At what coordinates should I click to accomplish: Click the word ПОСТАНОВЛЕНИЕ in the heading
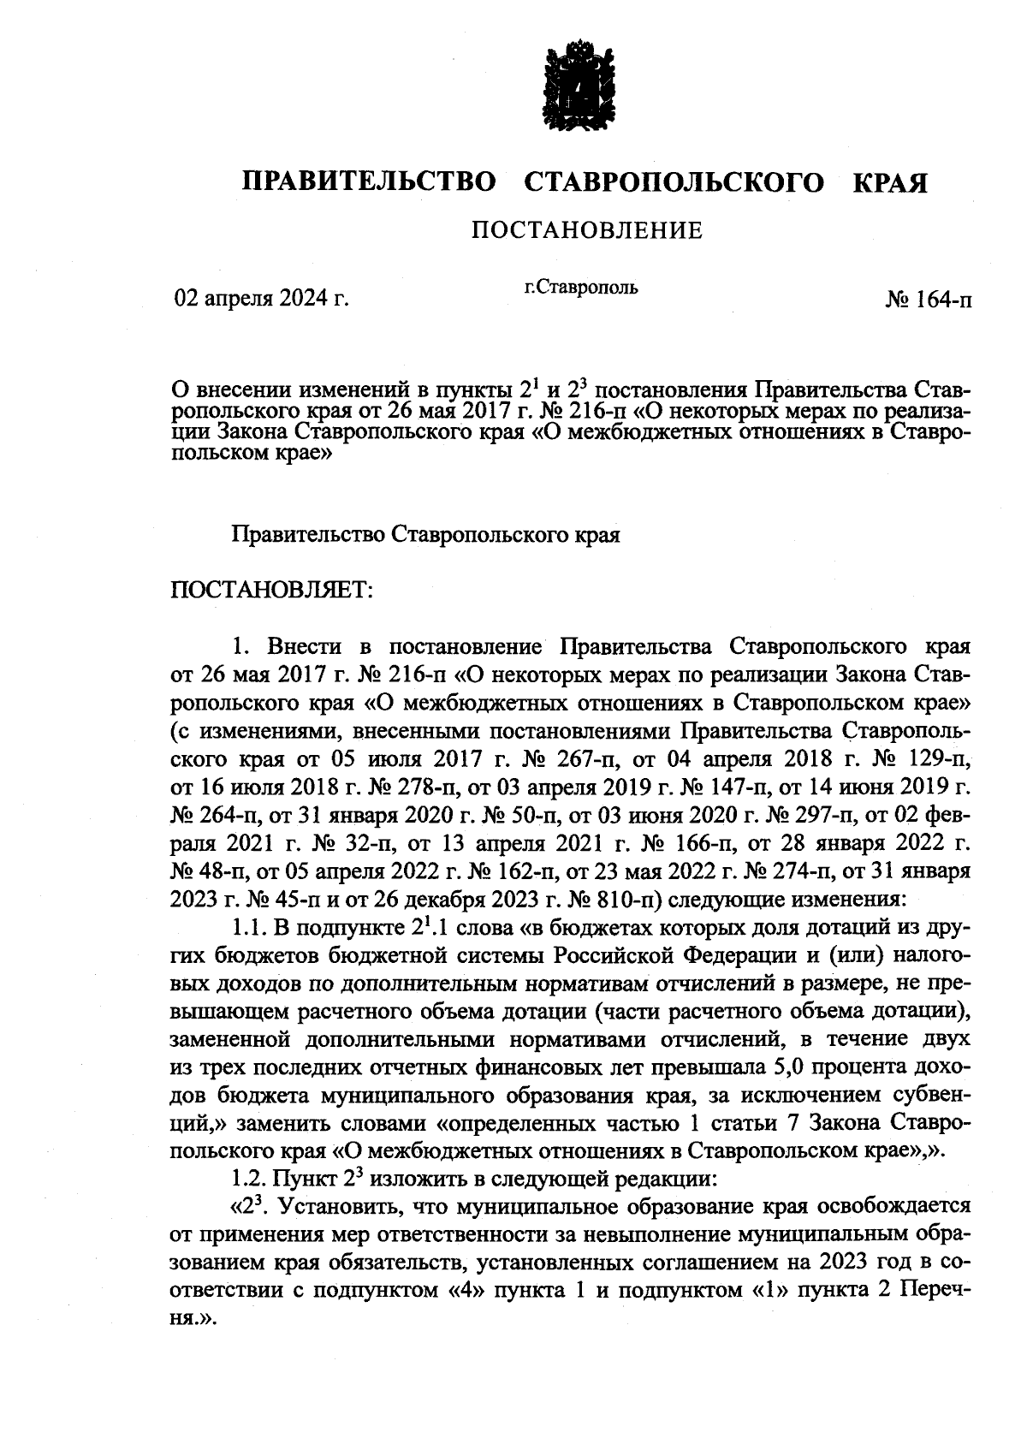(x=587, y=230)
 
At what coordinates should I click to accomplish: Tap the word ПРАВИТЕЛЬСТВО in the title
(x=370, y=182)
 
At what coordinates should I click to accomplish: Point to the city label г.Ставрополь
(x=580, y=288)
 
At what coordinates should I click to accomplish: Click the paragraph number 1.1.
(x=248, y=928)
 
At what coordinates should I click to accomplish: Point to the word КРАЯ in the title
(x=890, y=182)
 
